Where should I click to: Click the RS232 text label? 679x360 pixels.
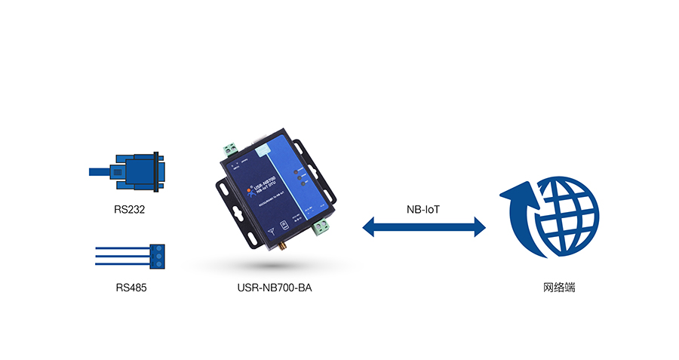130,209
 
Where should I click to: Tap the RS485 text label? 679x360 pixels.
131,288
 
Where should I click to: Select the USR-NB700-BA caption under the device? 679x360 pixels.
269,288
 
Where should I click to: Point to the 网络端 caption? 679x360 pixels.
558,288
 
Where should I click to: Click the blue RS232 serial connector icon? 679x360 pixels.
140,172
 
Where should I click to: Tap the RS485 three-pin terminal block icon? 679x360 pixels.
157,255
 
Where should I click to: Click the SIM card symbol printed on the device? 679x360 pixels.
282,224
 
